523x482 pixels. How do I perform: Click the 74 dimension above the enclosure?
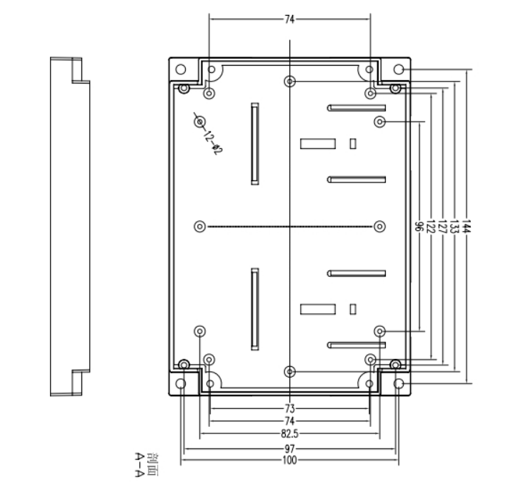click(x=289, y=20)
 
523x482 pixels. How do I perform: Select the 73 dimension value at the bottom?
click(x=289, y=408)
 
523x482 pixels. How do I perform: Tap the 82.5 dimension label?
click(x=289, y=433)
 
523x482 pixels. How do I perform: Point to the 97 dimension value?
click(x=289, y=449)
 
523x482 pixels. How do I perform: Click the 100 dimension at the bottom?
click(x=289, y=461)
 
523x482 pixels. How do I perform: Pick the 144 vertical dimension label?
click(x=466, y=227)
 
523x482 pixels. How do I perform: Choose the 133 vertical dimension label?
click(x=454, y=227)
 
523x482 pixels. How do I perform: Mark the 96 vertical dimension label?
click(x=419, y=227)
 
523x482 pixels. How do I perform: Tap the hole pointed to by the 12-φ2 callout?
click(x=199, y=122)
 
